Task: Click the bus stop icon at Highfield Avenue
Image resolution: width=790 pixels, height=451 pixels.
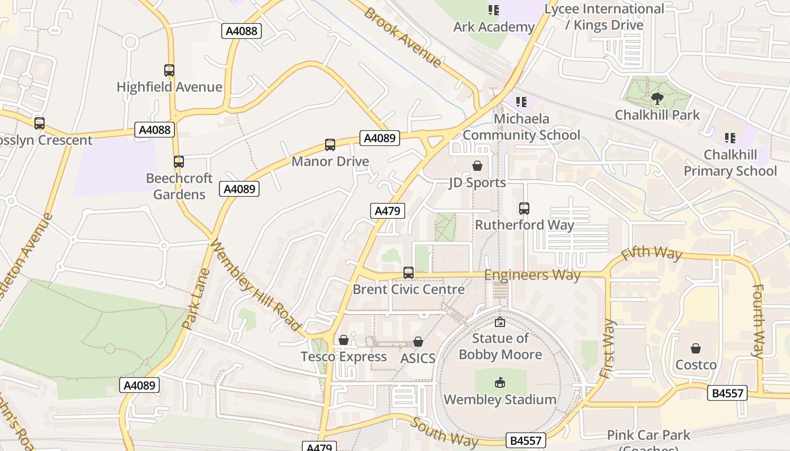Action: (x=169, y=70)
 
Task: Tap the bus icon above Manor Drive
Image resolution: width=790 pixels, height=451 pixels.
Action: (x=330, y=145)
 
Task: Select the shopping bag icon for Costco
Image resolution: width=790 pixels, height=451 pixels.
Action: (x=696, y=348)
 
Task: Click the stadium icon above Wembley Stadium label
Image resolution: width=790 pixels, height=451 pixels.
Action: (x=499, y=383)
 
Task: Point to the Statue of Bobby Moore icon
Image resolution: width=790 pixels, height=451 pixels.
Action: (x=499, y=322)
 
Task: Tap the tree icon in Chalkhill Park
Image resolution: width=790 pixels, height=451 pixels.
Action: (x=657, y=99)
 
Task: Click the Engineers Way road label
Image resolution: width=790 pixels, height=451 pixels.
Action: (x=532, y=275)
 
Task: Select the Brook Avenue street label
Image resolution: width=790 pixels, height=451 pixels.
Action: (x=402, y=37)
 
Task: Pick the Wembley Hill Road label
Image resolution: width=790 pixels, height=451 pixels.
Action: (x=255, y=285)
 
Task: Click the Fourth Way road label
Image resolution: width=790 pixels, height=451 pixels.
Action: (x=757, y=321)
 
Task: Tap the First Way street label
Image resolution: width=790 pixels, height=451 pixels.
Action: (x=607, y=348)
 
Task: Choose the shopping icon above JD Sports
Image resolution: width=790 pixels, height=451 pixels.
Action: (x=477, y=166)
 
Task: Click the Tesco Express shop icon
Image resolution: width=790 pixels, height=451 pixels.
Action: (x=343, y=340)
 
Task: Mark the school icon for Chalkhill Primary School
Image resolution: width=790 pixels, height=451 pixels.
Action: (x=730, y=138)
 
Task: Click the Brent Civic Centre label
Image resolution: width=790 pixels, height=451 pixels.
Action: (x=409, y=289)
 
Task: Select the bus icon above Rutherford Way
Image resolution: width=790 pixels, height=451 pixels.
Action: (x=524, y=208)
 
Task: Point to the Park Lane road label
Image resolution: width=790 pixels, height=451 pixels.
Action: (x=196, y=299)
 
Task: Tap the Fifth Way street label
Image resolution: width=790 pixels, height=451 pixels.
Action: (x=651, y=254)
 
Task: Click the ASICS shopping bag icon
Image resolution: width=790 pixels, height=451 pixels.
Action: (x=418, y=342)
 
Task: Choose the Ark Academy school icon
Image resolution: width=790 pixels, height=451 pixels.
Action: (x=494, y=10)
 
